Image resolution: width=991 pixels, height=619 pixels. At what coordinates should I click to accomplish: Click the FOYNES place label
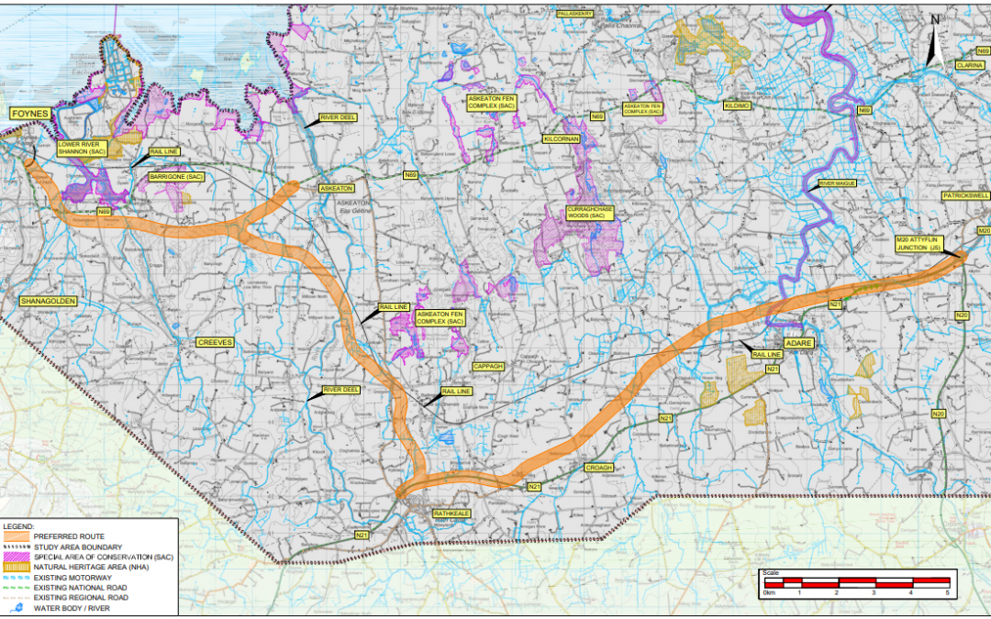pos(29,113)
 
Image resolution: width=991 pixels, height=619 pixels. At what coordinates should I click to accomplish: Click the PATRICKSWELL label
pos(964,196)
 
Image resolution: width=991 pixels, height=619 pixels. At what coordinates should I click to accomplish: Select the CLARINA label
pos(970,66)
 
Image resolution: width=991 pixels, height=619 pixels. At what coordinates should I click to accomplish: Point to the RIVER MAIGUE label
pos(838,183)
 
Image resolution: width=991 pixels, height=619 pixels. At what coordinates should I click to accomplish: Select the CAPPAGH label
pos(489,366)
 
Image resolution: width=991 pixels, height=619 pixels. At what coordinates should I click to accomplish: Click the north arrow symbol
pos(935,41)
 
